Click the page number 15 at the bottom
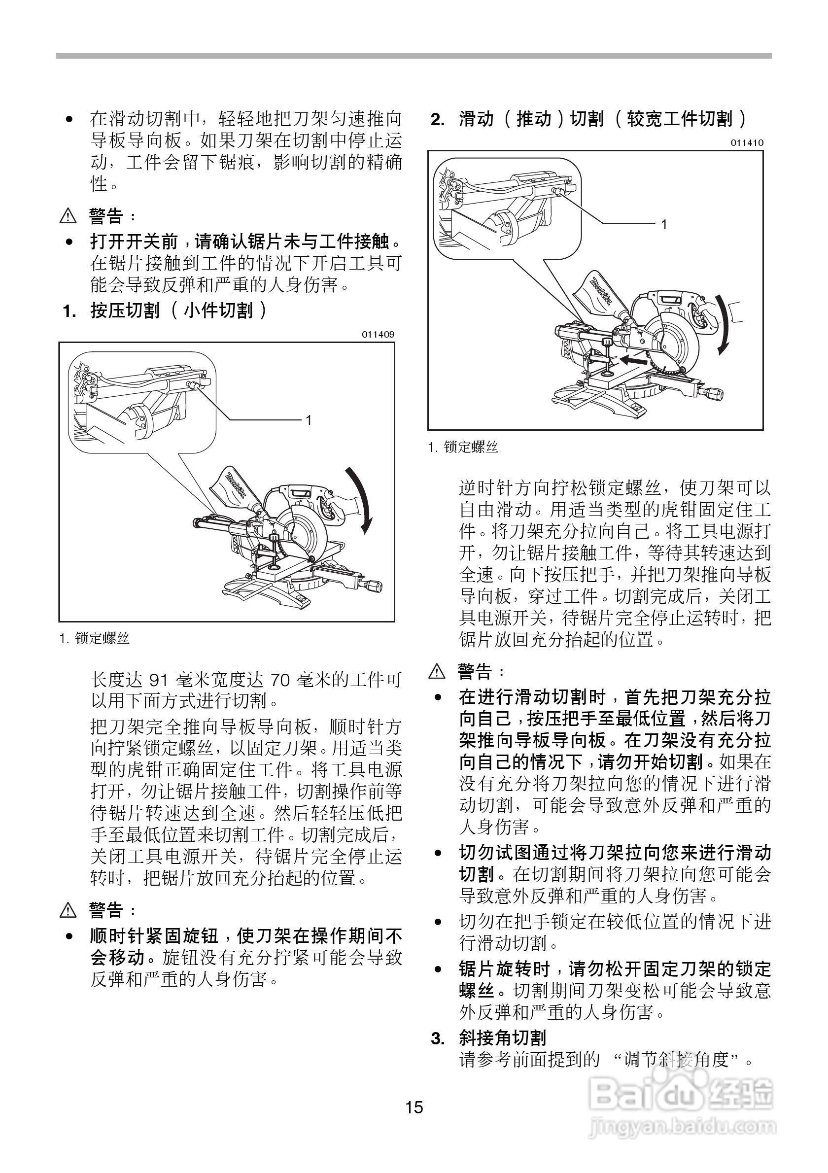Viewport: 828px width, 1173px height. point(414,1107)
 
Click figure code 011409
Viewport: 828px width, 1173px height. point(378,335)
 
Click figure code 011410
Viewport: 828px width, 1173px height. point(747,142)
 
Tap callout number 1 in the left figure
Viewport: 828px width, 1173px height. point(309,420)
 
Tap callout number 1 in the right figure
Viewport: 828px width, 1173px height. point(663,224)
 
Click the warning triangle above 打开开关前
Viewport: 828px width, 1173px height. point(68,217)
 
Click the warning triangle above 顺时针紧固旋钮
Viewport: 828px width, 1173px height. point(68,909)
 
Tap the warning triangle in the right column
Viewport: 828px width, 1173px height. point(437,671)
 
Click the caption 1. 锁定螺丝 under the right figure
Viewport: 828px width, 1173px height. point(463,447)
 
